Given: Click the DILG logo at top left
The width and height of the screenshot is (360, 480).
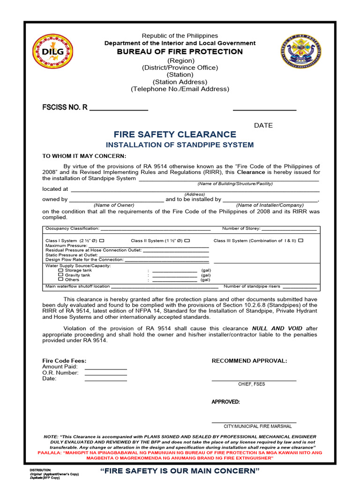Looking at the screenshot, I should [52, 51].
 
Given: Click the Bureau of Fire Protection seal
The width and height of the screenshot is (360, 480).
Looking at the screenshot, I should [300, 51].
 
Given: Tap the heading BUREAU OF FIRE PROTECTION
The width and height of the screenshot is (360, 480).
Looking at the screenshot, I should [180, 52].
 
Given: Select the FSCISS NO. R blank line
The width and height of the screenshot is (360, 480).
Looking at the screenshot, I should [119, 110].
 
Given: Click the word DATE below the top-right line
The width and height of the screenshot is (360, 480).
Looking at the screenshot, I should [263, 125].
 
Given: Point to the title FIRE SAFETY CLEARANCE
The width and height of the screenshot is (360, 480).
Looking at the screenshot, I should [175, 135].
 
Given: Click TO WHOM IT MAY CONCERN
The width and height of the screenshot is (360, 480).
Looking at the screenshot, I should [84, 156].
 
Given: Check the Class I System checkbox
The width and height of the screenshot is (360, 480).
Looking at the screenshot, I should [102, 240].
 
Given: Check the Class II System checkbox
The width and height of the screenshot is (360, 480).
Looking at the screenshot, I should [187, 240].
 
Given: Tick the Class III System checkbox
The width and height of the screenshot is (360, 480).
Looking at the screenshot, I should [300, 240].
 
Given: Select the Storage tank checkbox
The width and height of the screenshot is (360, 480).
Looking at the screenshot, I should [60, 270].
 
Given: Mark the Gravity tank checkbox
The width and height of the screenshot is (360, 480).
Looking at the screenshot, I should [60, 275].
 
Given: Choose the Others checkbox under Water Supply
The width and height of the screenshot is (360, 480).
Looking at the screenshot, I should [60, 280].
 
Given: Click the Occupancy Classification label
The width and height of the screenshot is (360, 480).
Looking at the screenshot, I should [72, 229].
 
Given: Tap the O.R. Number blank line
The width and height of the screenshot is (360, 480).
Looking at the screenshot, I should [105, 375].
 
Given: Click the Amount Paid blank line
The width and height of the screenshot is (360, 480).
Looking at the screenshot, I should [105, 368].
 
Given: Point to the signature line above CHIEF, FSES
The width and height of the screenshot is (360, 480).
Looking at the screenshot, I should [254, 380].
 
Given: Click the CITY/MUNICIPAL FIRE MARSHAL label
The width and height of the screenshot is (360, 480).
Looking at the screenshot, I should [257, 427].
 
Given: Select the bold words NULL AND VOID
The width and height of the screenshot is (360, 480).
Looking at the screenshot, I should [277, 329].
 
